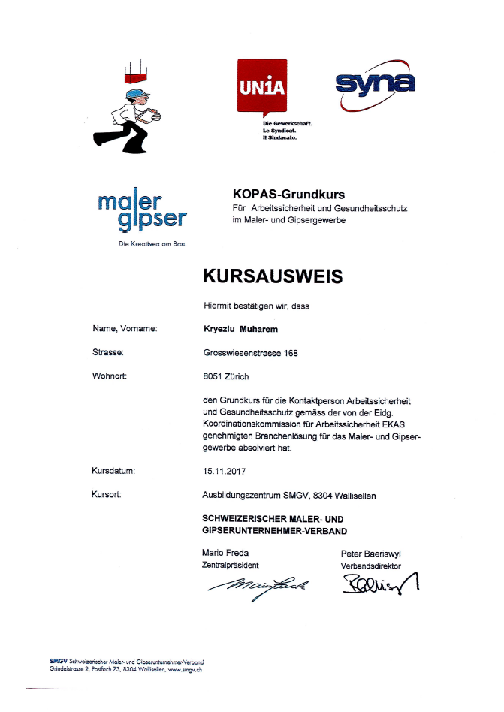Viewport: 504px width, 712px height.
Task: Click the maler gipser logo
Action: tap(141, 210)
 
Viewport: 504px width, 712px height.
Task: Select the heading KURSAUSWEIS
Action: tap(273, 276)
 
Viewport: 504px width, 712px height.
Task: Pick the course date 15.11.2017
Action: tap(225, 472)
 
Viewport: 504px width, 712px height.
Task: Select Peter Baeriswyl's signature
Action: tap(380, 583)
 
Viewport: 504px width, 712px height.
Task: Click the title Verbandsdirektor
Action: tap(371, 566)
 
